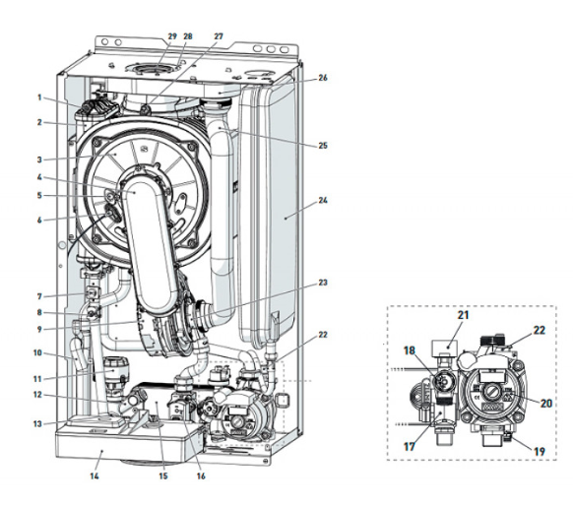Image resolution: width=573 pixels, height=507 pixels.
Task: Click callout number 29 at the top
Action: click(172, 36)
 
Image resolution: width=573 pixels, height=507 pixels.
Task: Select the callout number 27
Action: click(219, 36)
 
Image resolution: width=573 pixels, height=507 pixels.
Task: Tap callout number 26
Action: click(323, 78)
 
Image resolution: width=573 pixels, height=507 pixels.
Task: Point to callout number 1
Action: click(39, 97)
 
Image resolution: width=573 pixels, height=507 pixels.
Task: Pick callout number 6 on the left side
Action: click(39, 221)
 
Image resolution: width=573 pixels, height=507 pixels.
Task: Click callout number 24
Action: click(323, 200)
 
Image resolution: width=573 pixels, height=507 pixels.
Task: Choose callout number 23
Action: click(323, 283)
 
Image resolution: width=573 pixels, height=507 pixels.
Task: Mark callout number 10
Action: click(37, 353)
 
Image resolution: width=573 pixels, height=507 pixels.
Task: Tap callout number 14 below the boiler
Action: click(95, 475)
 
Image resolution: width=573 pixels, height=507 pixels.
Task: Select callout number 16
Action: click(201, 475)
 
